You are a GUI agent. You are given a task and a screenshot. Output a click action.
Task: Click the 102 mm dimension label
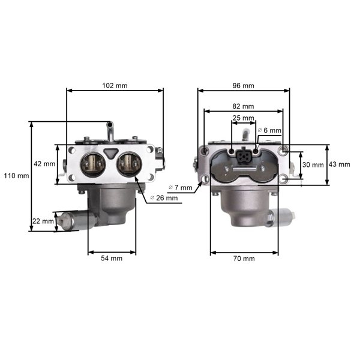click(x=114, y=85)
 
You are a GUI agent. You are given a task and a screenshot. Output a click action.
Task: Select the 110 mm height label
click(x=16, y=176)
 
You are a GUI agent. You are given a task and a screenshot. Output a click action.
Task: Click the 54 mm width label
click(x=111, y=259)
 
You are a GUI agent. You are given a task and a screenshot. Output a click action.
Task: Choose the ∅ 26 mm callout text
click(x=164, y=198)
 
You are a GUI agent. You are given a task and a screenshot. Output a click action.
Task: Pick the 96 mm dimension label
click(x=243, y=85)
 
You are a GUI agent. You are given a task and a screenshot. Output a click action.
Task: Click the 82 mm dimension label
click(x=243, y=106)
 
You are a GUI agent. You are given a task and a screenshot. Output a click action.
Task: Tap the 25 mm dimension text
click(x=243, y=118)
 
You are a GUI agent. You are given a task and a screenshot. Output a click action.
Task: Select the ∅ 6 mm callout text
click(x=269, y=130)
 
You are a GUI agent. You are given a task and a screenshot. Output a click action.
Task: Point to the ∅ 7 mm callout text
click(x=181, y=187)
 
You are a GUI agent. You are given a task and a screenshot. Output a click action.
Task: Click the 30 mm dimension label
click(x=311, y=164)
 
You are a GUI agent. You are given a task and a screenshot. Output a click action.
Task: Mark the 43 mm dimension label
click(x=340, y=164)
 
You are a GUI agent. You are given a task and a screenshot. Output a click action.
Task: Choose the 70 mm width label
click(x=243, y=259)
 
